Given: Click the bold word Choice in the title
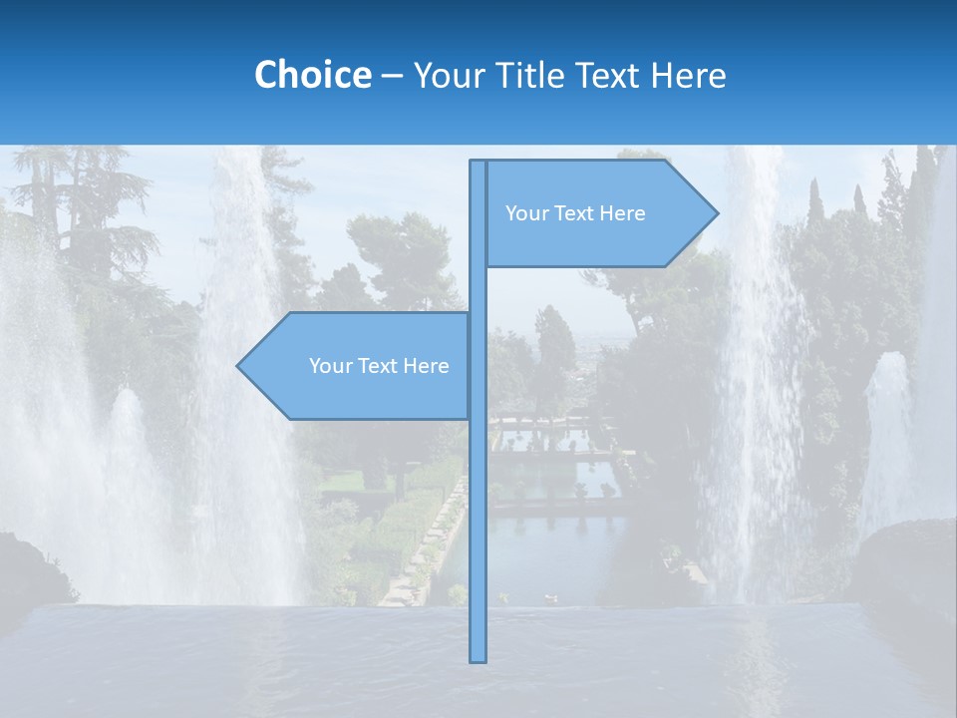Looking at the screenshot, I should tap(312, 75).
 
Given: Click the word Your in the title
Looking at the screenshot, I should tap(448, 75).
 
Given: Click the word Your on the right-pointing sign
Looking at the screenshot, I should tap(525, 213).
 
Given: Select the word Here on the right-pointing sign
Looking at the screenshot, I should tap(622, 213).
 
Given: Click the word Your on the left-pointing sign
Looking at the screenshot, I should tap(329, 366).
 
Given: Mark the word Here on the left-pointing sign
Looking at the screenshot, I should tap(426, 366).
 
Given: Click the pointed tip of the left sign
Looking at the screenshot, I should tap(239, 366).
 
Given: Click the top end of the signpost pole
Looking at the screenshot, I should tap(478, 164).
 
